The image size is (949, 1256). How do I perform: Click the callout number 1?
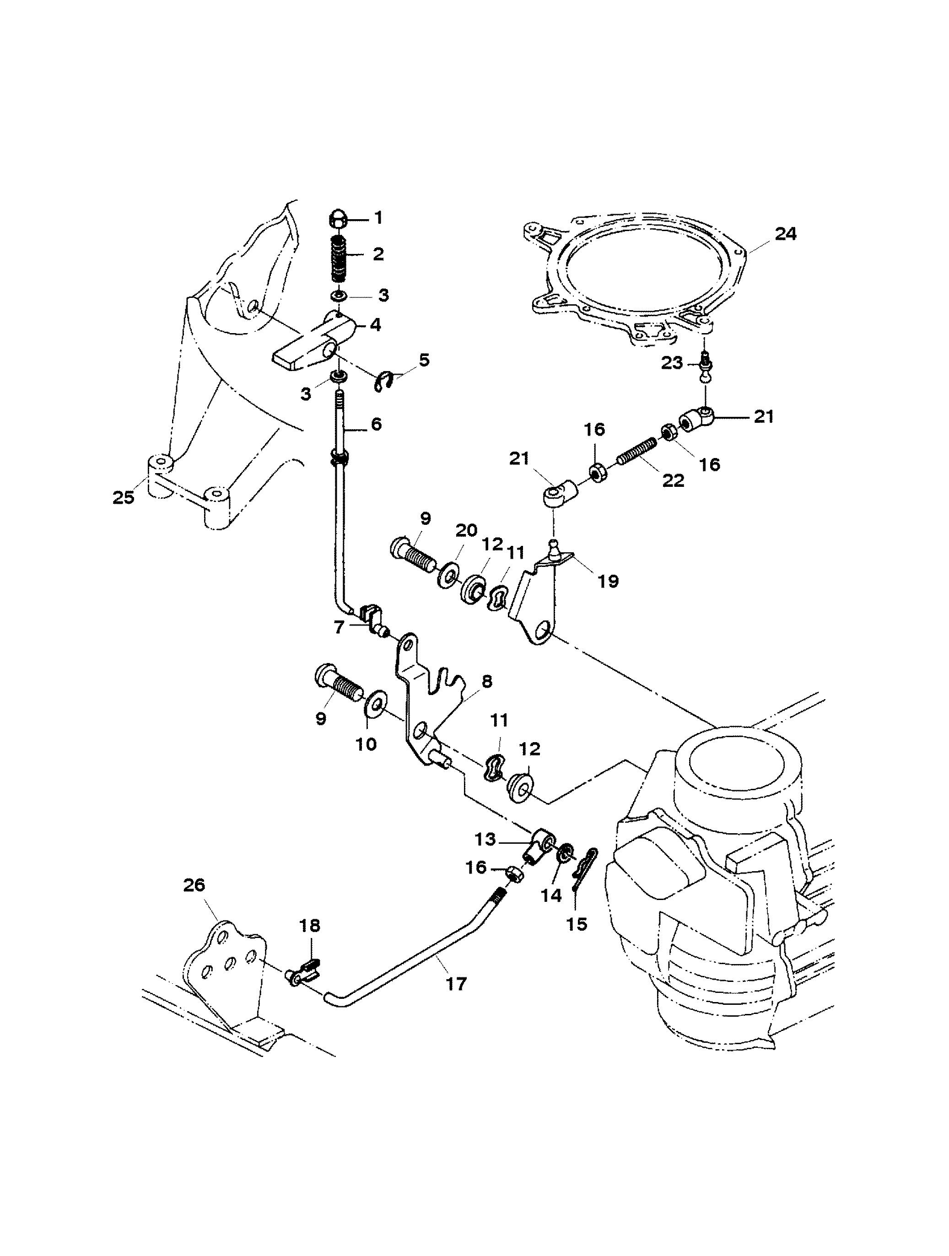(x=378, y=218)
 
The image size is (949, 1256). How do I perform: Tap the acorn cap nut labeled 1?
(x=339, y=219)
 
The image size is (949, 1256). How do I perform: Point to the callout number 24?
(x=786, y=233)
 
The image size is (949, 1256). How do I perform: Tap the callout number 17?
(x=456, y=983)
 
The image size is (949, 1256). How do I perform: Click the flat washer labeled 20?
(x=449, y=575)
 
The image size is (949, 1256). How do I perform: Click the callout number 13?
(x=486, y=838)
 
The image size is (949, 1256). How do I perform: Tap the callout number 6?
(x=376, y=424)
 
